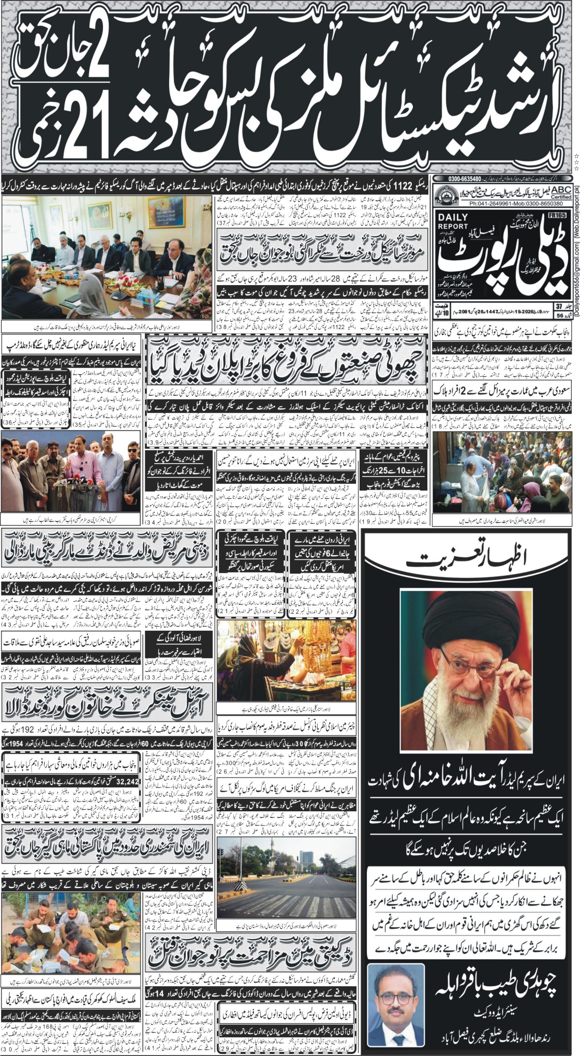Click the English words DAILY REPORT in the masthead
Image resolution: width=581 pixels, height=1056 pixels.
tap(452, 222)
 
